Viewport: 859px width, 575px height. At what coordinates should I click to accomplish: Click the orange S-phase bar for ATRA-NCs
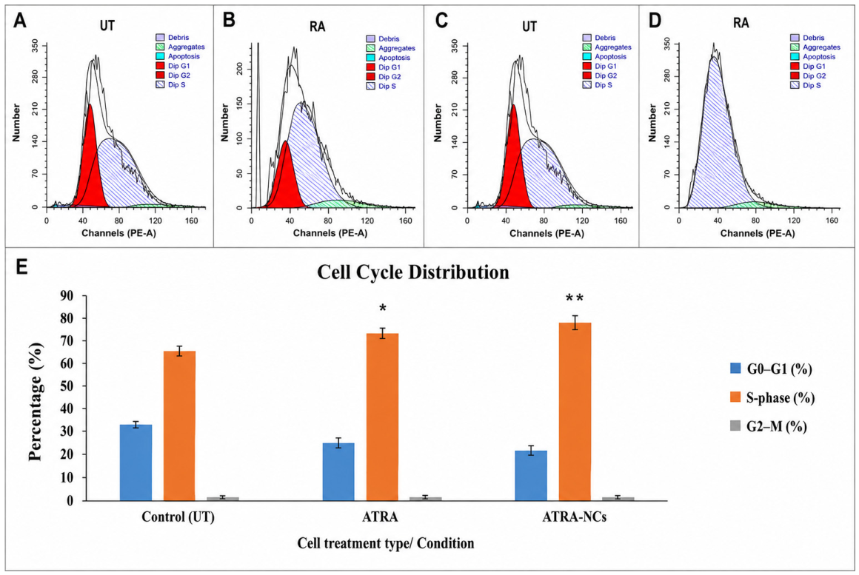[575, 411]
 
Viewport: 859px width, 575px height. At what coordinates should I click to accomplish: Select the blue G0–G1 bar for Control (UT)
[136, 463]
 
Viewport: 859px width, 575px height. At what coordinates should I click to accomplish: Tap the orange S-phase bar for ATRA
[382, 417]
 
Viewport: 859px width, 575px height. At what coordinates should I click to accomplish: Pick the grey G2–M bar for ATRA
[426, 498]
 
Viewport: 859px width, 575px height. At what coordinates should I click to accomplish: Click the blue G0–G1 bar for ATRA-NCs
[531, 475]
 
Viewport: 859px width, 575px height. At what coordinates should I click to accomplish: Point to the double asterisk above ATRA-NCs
[574, 298]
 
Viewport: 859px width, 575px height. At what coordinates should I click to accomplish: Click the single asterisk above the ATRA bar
[382, 309]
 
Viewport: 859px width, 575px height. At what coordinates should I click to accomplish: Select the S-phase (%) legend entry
[772, 397]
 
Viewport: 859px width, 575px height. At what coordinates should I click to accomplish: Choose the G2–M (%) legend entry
[769, 426]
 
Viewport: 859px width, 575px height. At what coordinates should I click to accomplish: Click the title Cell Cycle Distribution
[413, 272]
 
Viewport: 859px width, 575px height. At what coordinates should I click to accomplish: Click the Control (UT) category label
[178, 517]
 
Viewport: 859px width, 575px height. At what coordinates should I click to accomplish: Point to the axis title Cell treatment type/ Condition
[386, 543]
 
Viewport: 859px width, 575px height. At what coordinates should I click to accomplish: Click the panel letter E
[21, 269]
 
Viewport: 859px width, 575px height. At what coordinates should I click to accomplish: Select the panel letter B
[229, 20]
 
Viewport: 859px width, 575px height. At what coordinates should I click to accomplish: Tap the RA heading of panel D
[741, 22]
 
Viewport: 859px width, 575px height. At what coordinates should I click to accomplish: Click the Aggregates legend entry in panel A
[180, 47]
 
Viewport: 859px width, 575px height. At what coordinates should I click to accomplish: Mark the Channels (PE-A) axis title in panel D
[758, 233]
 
